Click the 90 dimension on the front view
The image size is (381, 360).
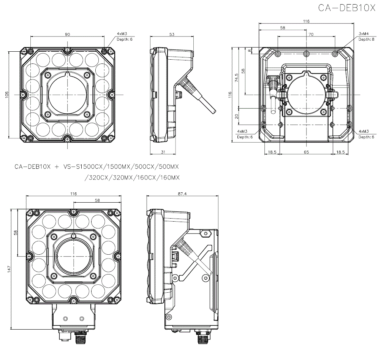click(67, 35)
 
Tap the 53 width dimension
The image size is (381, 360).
click(172, 35)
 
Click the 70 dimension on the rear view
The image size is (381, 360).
click(311, 35)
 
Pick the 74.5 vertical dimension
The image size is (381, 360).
click(237, 78)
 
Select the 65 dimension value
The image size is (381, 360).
click(306, 152)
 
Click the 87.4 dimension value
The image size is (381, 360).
click(182, 194)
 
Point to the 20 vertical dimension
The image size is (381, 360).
click(237, 116)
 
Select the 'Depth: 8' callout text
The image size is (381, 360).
click(366, 39)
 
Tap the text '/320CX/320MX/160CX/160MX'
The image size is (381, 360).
click(133, 178)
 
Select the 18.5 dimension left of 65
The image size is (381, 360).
click(272, 152)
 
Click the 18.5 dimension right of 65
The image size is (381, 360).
click(340, 152)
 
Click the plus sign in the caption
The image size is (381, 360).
click(57, 167)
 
